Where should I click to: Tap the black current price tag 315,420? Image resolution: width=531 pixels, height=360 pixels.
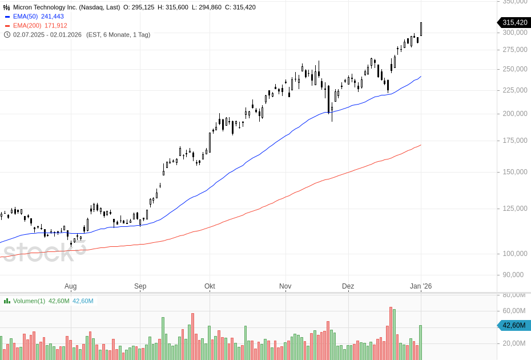click(514, 23)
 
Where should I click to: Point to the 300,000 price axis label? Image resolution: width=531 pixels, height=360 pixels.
click(514, 33)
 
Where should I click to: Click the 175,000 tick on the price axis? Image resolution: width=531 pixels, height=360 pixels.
click(514, 141)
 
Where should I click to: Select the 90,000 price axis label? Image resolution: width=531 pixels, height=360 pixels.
click(513, 275)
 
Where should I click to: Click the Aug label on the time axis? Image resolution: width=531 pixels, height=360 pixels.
click(70, 286)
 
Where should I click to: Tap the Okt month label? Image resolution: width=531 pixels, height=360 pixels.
click(210, 286)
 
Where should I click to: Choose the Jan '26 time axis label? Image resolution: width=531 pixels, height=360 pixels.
click(421, 286)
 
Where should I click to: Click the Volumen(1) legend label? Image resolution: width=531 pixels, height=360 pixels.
click(29, 301)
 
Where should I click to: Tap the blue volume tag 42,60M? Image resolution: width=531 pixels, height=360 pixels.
click(514, 326)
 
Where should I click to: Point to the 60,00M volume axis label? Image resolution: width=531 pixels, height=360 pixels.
click(513, 311)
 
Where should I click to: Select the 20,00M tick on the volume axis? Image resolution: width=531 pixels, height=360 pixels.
click(513, 343)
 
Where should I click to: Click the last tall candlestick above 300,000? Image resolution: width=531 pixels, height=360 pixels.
click(421, 29)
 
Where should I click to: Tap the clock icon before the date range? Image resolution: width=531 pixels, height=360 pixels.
click(7, 35)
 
